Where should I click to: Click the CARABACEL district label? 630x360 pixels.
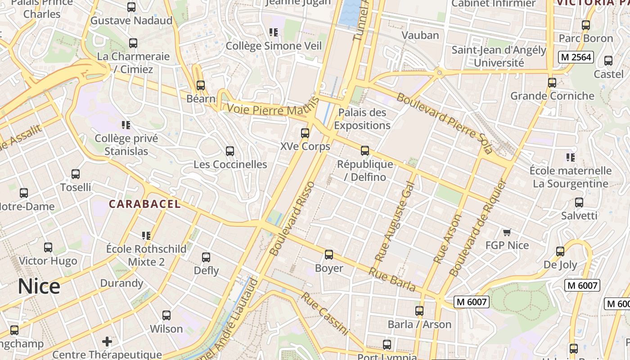pos(144,204)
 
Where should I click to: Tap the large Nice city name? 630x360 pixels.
pos(39,287)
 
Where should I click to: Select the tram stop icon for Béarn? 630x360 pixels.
pos(201,85)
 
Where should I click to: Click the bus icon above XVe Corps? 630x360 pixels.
pos(305,133)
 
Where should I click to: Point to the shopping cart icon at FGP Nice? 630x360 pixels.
pos(507,232)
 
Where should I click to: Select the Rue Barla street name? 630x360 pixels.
pos(392,279)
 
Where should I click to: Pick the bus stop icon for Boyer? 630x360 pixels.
pos(329,255)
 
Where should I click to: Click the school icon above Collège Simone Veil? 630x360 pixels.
pos(274,32)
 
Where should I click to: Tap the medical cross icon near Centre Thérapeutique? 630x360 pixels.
pos(107,341)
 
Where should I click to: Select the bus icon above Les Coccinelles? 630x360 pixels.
pos(230,151)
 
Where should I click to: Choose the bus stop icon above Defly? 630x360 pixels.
pos(206,257)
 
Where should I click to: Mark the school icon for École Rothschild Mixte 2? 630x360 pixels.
pos(146,235)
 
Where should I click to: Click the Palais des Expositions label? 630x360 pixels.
pos(362,119)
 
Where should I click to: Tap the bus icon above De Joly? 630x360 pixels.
pos(560,251)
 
